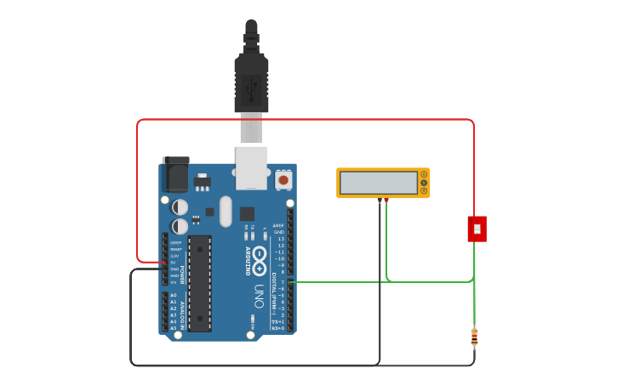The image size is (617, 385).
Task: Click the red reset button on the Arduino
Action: click(x=283, y=180)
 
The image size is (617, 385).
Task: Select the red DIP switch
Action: click(x=477, y=229)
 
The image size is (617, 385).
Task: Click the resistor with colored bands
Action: click(x=474, y=337)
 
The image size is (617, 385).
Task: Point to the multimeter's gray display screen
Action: click(x=378, y=183)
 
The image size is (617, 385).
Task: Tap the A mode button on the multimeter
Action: click(x=424, y=174)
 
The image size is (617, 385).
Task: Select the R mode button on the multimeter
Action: click(x=424, y=190)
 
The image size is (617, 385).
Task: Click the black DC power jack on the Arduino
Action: click(x=175, y=175)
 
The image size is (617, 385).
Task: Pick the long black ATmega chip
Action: click(x=199, y=283)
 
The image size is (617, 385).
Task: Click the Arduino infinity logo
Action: click(x=258, y=259)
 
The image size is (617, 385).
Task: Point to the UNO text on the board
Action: click(x=258, y=296)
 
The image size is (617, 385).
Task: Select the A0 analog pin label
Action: click(x=174, y=295)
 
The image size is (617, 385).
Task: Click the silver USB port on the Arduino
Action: click(x=251, y=167)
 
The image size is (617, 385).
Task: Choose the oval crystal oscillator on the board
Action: click(x=226, y=212)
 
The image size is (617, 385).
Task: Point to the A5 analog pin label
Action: click(x=174, y=328)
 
